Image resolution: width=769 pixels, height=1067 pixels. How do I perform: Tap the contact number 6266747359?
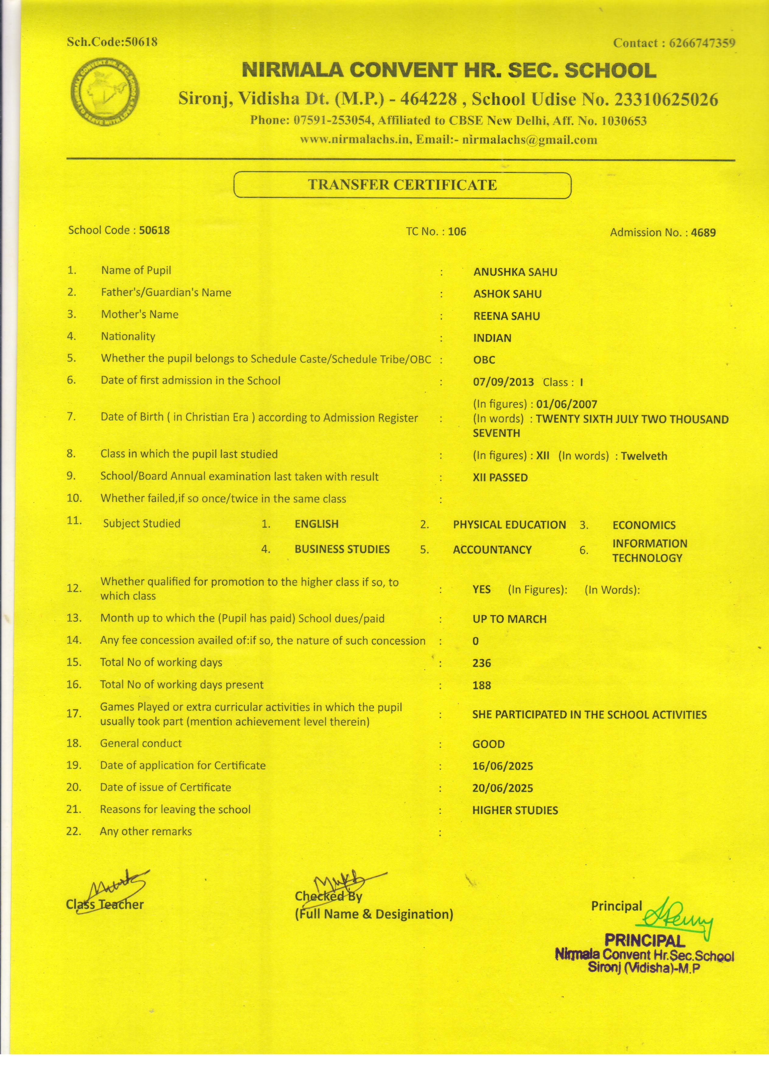point(702,43)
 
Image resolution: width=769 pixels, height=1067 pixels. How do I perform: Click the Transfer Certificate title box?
point(402,185)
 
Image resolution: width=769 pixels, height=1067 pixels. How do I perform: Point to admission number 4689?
point(703,232)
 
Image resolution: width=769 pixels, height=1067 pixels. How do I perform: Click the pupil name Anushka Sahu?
point(515,272)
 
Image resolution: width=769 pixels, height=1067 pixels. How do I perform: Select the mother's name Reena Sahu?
point(506,316)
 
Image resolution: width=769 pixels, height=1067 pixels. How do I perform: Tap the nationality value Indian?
point(492,338)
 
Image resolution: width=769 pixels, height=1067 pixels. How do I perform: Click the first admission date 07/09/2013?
point(503,382)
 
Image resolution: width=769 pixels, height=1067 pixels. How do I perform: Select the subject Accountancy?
point(492,549)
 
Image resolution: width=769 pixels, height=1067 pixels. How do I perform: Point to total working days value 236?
point(482,663)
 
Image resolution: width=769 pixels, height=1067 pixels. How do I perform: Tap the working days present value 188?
point(482,685)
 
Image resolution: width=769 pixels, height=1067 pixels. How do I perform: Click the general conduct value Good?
point(488,744)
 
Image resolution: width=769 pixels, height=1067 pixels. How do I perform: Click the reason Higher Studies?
point(515,810)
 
